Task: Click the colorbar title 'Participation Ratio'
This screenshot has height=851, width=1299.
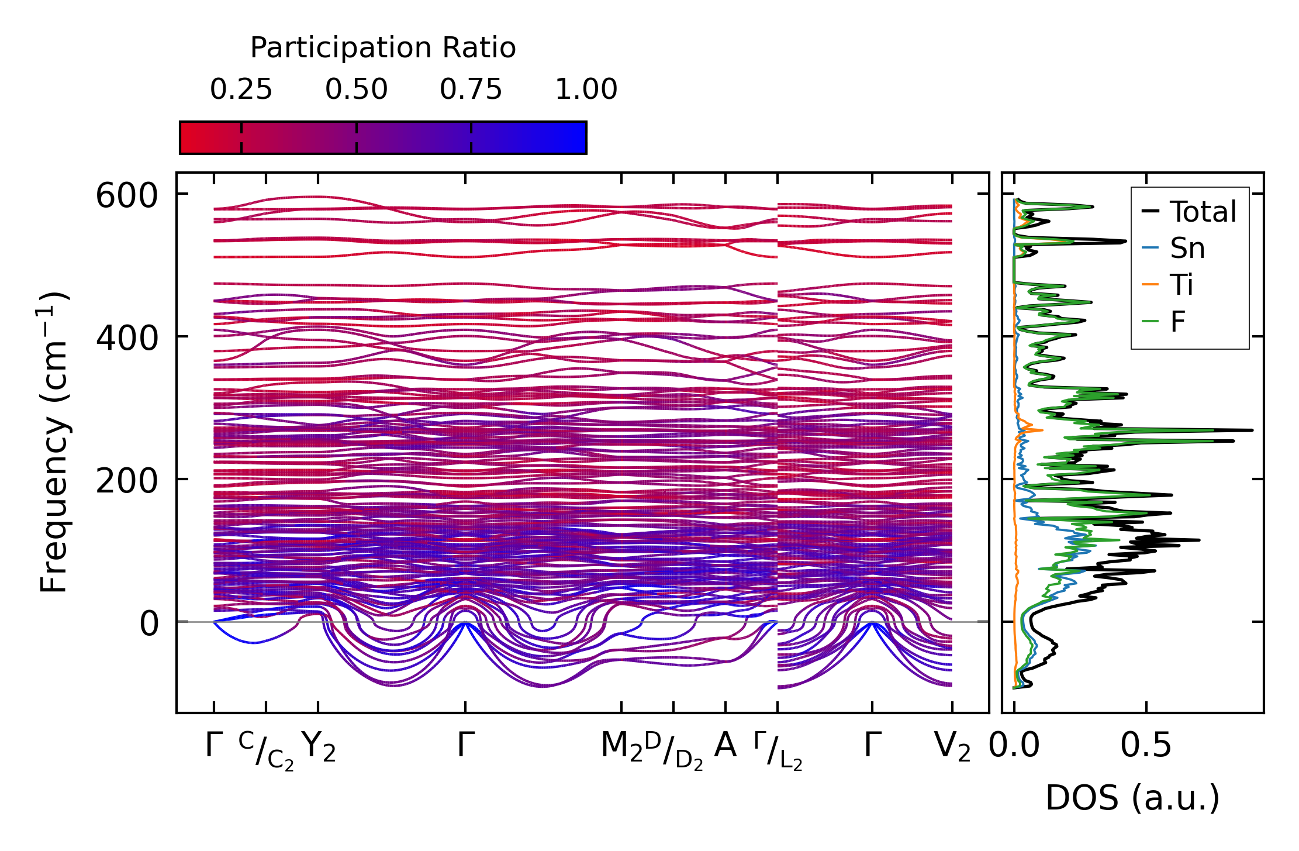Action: click(383, 47)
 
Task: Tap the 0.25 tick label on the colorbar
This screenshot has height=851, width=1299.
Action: click(241, 89)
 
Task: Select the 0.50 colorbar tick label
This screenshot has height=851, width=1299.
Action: click(356, 89)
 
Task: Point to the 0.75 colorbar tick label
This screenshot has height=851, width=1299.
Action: click(471, 89)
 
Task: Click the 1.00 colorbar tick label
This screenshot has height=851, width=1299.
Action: click(586, 89)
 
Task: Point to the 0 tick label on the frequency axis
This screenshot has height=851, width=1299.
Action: click(148, 623)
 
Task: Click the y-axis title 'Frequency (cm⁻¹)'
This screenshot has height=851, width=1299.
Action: click(54, 442)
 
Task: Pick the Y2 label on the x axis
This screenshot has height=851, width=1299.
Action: click(319, 747)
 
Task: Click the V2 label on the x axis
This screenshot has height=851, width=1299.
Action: click(952, 747)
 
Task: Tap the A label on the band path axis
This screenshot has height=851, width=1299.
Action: click(725, 746)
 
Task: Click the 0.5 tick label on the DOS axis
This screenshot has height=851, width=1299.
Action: click(1146, 747)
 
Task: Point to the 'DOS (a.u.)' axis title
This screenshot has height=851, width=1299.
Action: click(1132, 798)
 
